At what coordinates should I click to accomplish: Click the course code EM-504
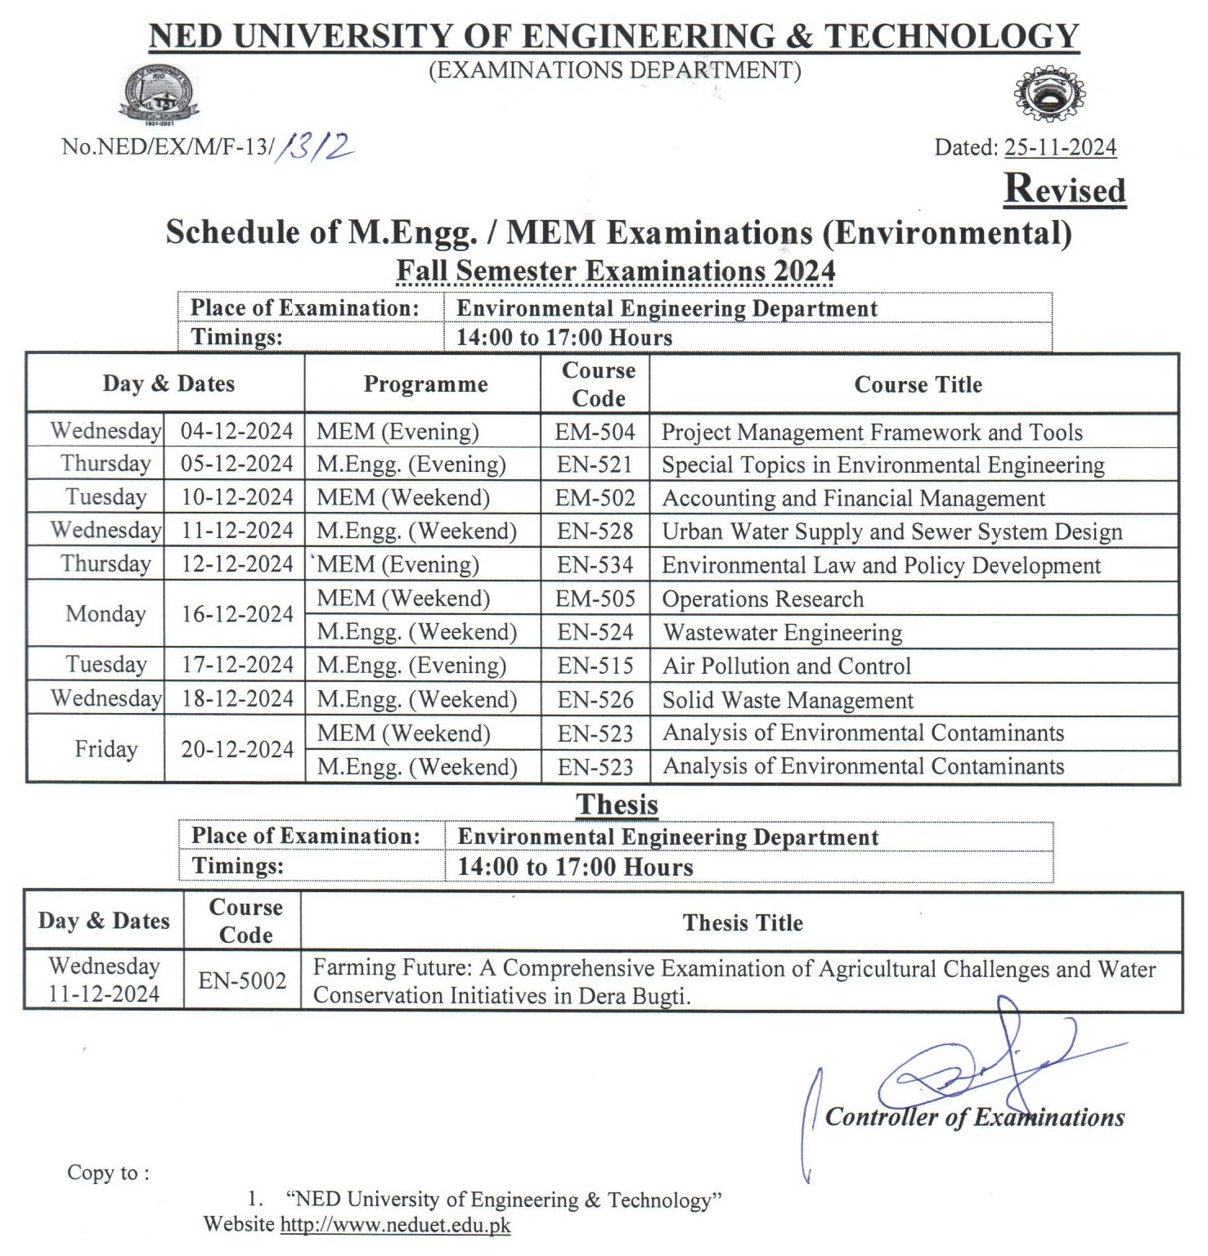click(x=595, y=431)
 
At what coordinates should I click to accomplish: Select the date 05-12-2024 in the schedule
click(x=236, y=464)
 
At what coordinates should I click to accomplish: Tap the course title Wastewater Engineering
click(x=782, y=632)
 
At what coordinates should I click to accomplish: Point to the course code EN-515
click(x=595, y=666)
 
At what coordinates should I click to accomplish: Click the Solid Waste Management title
click(x=787, y=700)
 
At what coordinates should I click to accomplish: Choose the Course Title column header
click(x=918, y=384)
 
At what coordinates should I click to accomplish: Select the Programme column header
click(x=425, y=384)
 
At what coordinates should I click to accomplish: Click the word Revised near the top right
click(x=1064, y=189)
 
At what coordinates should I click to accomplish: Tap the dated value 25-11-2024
click(x=1060, y=147)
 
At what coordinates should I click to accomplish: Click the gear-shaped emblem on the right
click(x=1050, y=94)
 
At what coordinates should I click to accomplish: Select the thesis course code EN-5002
click(x=242, y=980)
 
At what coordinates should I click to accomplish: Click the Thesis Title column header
click(x=743, y=922)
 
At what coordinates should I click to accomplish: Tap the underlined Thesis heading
click(x=617, y=804)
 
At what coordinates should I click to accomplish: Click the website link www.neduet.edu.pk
click(x=395, y=1224)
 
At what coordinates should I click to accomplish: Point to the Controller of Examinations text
click(x=974, y=1117)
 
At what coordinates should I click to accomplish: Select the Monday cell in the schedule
click(x=106, y=614)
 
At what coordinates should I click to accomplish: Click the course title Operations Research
click(x=762, y=599)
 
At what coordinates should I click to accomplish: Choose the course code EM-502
click(x=595, y=497)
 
